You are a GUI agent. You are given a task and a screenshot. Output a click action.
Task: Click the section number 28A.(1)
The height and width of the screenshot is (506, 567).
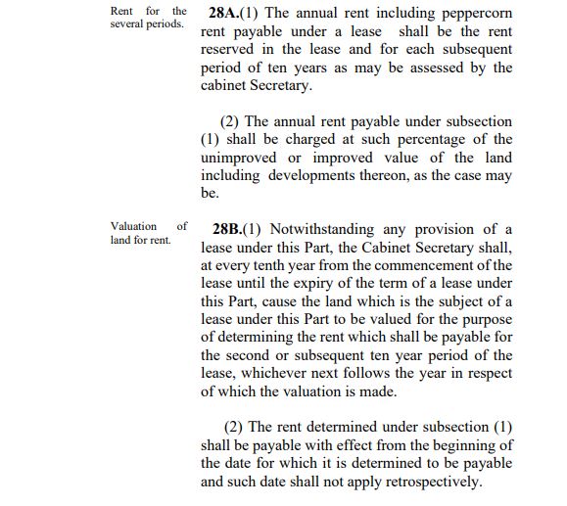tap(238, 15)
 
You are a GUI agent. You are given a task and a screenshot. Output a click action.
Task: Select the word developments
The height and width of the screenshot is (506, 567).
tap(318, 175)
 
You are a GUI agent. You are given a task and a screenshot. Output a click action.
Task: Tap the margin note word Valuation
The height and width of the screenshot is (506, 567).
tap(133, 226)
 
